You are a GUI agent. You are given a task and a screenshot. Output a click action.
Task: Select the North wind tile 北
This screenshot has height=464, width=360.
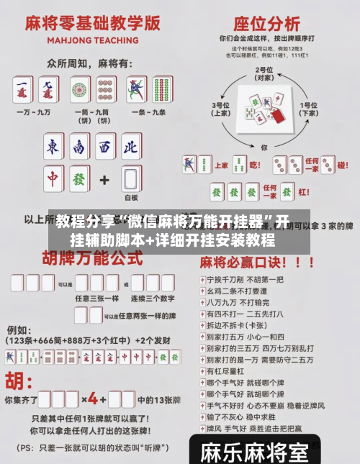pyautogui.click(x=129, y=148)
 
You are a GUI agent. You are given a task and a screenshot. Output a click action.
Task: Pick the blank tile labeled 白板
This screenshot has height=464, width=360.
pyautogui.click(x=130, y=178)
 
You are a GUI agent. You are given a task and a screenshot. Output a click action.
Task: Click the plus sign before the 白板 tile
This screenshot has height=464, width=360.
pyautogui.click(x=105, y=178)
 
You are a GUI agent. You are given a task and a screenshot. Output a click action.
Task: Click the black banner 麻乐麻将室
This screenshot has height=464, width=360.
pyautogui.click(x=253, y=452)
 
